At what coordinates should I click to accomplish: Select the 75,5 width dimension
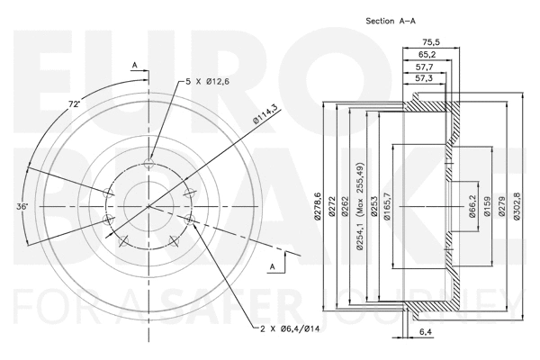[431, 41]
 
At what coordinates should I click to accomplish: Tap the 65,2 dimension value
[427, 55]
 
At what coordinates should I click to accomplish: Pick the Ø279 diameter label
[503, 208]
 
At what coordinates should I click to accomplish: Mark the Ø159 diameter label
[488, 208]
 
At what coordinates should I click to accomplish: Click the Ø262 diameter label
[346, 208]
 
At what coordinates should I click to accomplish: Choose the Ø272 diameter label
[332, 208]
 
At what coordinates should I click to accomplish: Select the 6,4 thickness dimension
[425, 332]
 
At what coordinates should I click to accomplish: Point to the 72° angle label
[75, 105]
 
